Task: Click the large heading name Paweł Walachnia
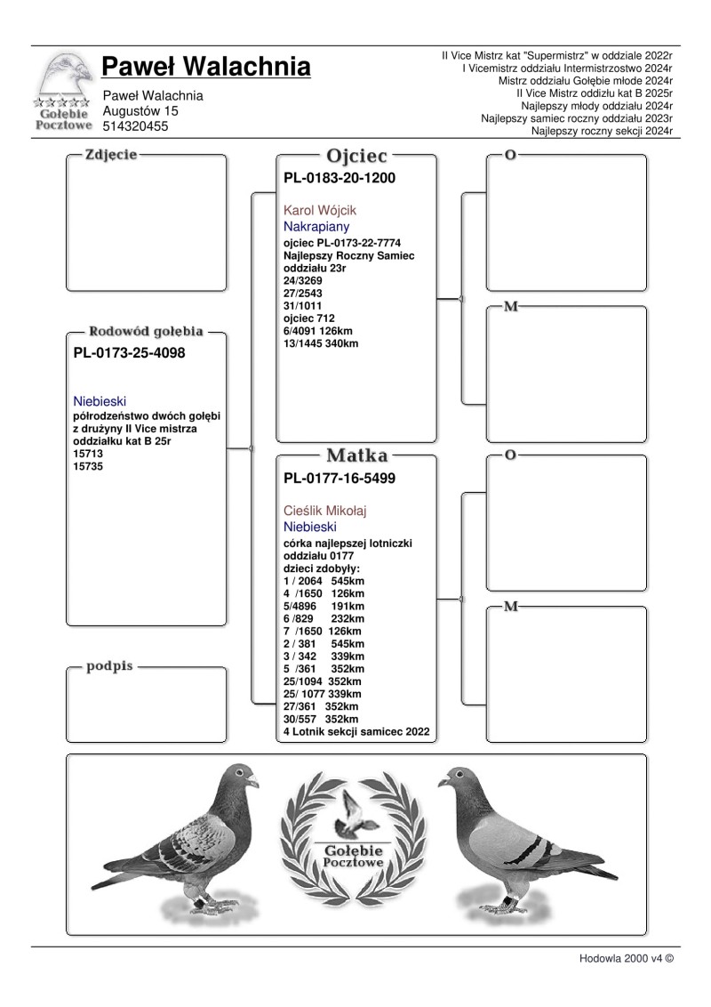[206, 67]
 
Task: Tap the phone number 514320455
[136, 126]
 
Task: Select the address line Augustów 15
[140, 111]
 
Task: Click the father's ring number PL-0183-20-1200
[339, 178]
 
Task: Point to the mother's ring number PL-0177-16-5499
[339, 479]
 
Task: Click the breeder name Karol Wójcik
[319, 211]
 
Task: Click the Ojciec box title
[357, 155]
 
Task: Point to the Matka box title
[357, 455]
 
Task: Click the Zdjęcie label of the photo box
[111, 155]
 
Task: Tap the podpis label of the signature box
[109, 665]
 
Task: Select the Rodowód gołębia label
[147, 332]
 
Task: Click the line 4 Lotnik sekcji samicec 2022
[356, 731]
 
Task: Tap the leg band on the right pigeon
[509, 899]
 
